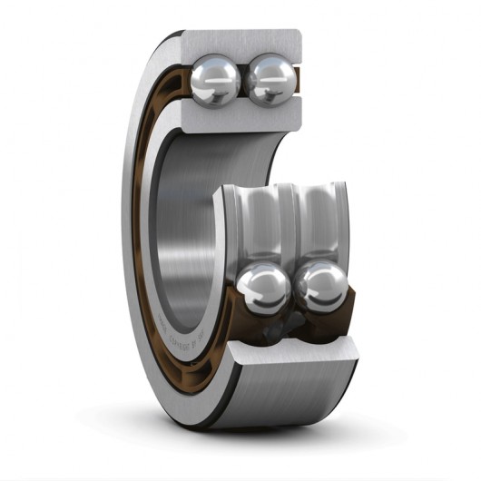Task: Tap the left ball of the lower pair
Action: coord(264,289)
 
